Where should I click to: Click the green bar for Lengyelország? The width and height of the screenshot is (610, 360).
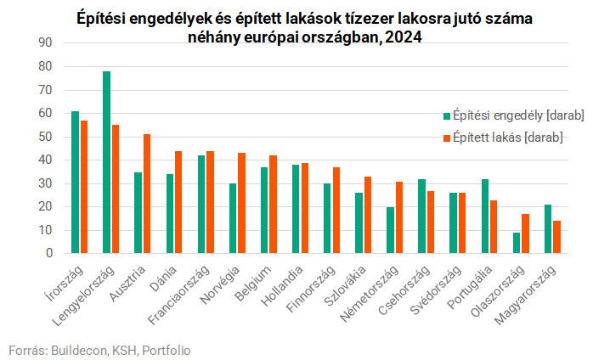(106, 162)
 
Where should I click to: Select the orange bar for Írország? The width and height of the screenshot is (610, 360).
(84, 187)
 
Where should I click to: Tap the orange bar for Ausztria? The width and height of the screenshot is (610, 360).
(147, 194)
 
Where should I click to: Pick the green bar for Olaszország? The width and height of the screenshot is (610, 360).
(517, 243)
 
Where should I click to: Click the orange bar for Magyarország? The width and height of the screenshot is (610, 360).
(556, 237)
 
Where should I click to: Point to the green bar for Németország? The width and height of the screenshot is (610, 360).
(390, 230)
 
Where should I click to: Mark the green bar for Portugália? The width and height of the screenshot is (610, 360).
(485, 217)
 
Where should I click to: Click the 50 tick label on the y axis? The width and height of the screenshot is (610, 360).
(46, 137)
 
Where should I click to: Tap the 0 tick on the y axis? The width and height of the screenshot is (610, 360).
(49, 253)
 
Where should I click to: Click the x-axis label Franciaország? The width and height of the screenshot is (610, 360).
(180, 294)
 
